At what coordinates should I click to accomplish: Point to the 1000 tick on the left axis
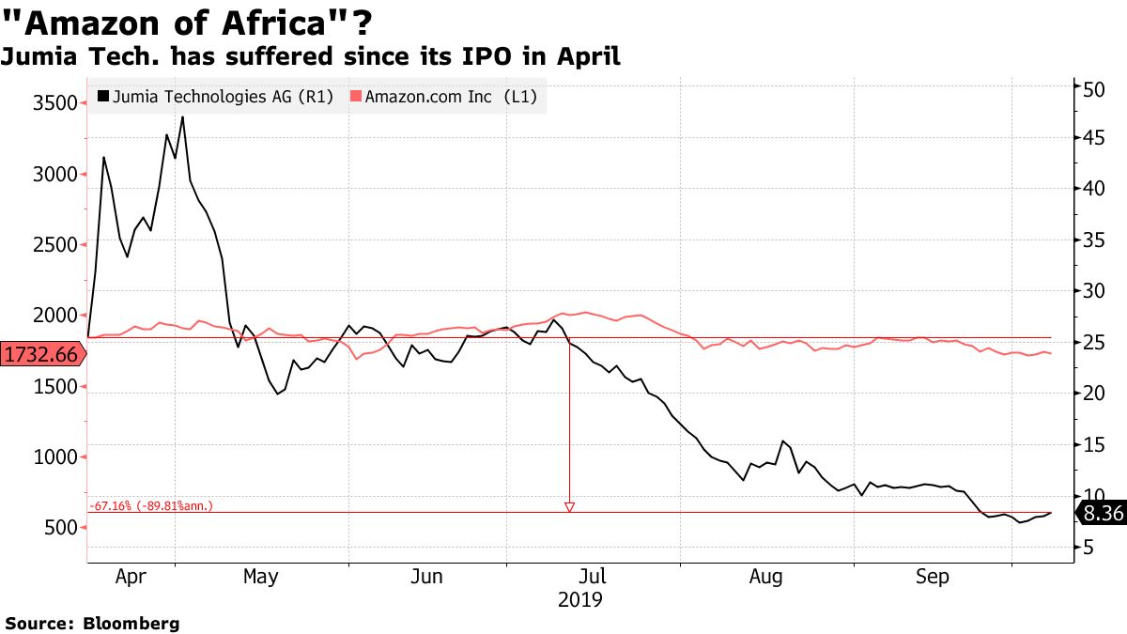coord(51,457)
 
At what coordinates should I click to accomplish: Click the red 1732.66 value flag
coord(41,354)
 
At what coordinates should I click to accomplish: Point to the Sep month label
coord(933,577)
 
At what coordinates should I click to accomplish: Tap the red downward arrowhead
coord(568,507)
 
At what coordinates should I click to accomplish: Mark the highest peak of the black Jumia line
coord(182,116)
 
